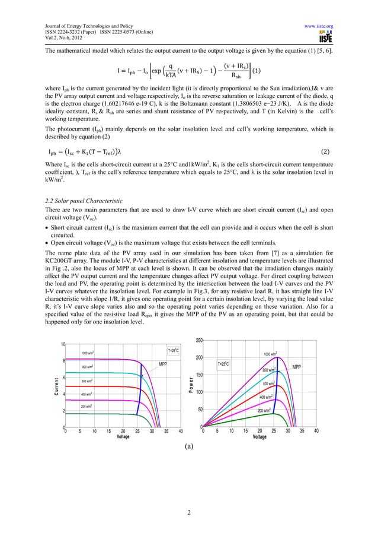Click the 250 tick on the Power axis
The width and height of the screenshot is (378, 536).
click(x=200, y=340)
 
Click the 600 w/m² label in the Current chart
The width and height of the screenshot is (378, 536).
click(x=89, y=380)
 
